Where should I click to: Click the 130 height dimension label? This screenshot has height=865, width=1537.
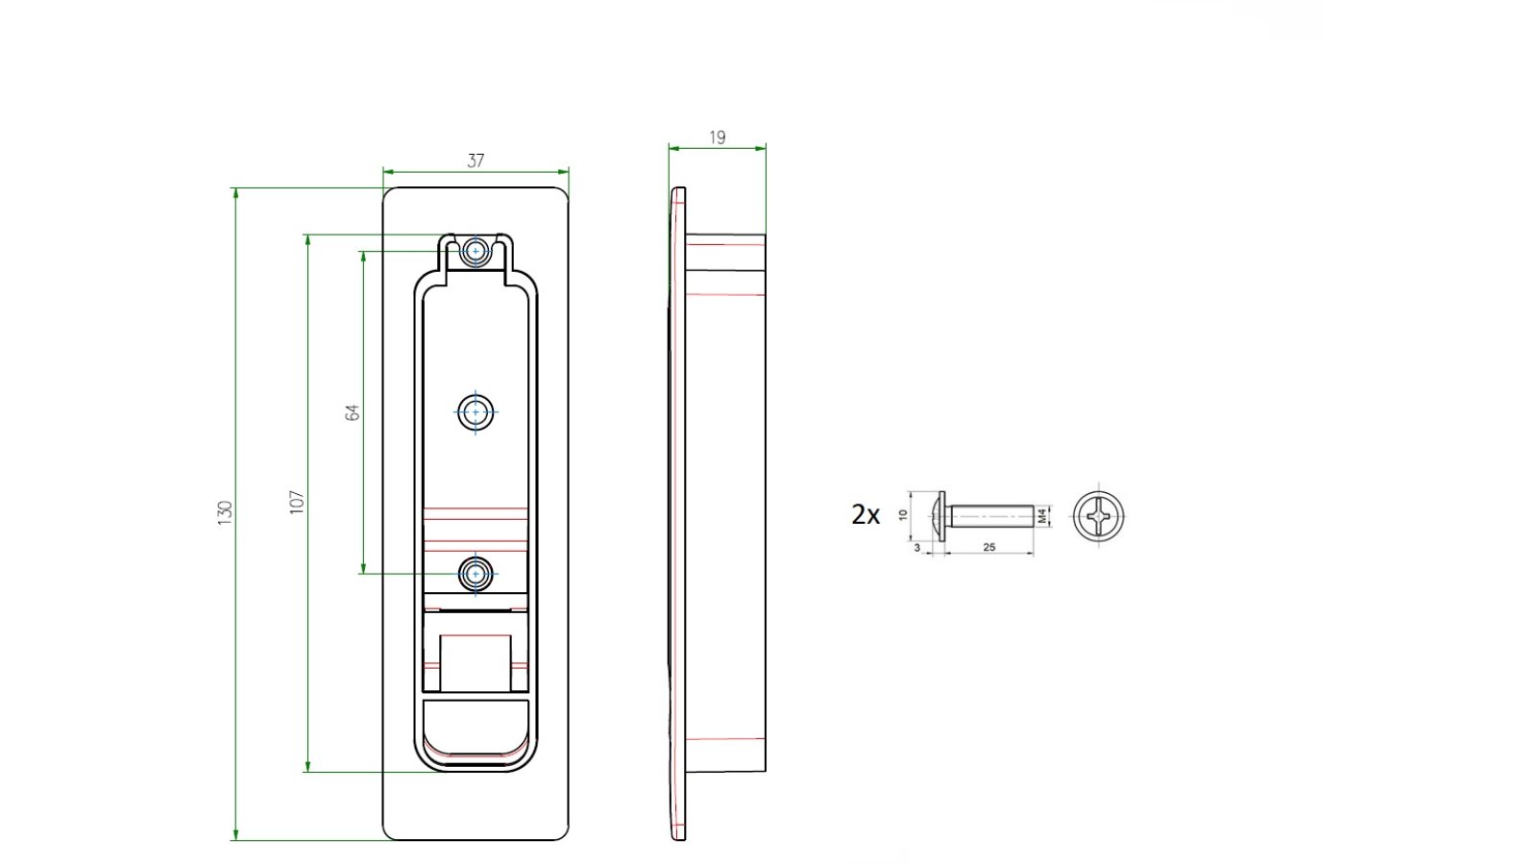point(225,513)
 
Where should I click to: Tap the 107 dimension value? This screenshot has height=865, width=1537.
point(297,503)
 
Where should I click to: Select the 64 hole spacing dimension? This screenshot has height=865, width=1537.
point(352,412)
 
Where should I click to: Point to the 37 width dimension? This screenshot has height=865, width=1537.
point(476,161)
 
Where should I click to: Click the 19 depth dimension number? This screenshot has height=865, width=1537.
point(717,137)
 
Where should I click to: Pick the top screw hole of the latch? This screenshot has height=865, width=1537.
point(476,251)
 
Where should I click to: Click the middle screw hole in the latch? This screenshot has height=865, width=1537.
point(476,412)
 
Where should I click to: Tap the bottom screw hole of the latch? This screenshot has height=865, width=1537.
point(476,573)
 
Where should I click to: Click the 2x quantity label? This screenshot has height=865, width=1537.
point(866,515)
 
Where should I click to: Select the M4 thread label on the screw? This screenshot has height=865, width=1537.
point(1042,515)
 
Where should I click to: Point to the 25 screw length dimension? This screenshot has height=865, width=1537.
point(988,547)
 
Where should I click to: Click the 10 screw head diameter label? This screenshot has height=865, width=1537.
point(903,514)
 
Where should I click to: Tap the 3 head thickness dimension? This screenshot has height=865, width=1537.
point(917,548)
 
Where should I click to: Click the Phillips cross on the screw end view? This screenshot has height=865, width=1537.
point(1099,515)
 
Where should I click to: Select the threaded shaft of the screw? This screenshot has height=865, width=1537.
point(992,515)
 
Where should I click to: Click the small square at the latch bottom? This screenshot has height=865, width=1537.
point(476,663)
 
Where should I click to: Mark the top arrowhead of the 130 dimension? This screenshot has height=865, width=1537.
point(236,193)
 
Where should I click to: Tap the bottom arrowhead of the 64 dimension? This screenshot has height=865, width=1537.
point(363,568)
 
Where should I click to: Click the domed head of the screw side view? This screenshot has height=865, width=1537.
point(938,515)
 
